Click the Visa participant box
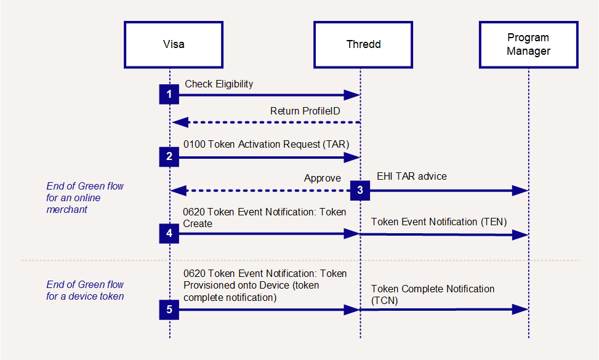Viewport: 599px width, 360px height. pyautogui.click(x=174, y=45)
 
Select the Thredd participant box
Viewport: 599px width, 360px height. pyautogui.click(x=363, y=45)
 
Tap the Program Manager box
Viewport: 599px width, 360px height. pyautogui.click(x=529, y=45)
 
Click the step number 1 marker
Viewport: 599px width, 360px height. pyautogui.click(x=169, y=94)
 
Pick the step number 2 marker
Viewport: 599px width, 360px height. pyautogui.click(x=169, y=156)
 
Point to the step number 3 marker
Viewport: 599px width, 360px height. pyautogui.click(x=360, y=190)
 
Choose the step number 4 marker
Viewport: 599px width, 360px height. pyautogui.click(x=169, y=233)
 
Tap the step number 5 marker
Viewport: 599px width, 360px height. pyautogui.click(x=169, y=310)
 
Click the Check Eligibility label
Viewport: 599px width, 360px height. pyautogui.click(x=219, y=84)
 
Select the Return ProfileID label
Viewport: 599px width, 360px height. pyautogui.click(x=305, y=111)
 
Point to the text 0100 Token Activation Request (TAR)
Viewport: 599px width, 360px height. pyautogui.click(x=267, y=144)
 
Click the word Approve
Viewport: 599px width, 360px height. pyautogui.click(x=323, y=178)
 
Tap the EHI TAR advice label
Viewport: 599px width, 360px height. pyautogui.click(x=412, y=177)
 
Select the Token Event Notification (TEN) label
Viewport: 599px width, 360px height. pyautogui.click(x=439, y=222)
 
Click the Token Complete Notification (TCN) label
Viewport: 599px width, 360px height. pyautogui.click(x=433, y=295)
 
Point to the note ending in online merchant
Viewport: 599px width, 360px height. pyautogui.click(x=85, y=198)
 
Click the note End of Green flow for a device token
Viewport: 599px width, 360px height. pyautogui.click(x=85, y=290)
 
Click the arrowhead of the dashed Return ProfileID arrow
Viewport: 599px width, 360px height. pyautogui.click(x=180, y=122)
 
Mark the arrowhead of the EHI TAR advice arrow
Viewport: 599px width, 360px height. pyautogui.click(x=520, y=191)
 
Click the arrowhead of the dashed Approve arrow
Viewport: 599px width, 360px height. pyautogui.click(x=179, y=191)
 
